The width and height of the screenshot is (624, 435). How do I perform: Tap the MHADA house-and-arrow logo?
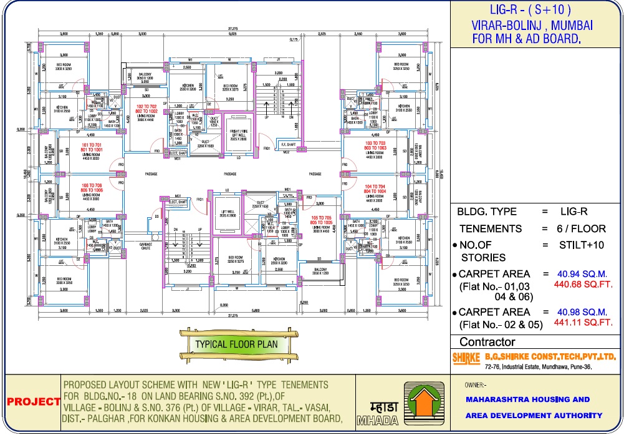pos(424,403)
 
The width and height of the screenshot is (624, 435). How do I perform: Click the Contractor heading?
pos(487,342)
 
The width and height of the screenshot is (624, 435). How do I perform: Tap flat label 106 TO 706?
pos(91,188)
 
